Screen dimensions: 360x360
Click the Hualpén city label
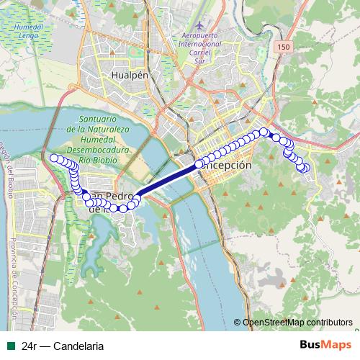(x=129, y=73)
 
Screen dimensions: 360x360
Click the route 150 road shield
(x=282, y=46)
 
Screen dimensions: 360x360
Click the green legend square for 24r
(x=11, y=346)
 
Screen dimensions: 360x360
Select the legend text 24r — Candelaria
(x=63, y=346)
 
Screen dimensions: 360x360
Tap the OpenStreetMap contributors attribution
(x=297, y=322)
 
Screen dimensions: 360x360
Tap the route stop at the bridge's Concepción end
(x=199, y=165)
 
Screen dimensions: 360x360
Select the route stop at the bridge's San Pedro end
(x=136, y=195)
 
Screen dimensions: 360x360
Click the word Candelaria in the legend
(x=79, y=346)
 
